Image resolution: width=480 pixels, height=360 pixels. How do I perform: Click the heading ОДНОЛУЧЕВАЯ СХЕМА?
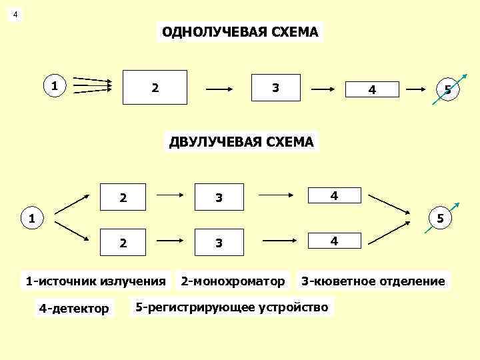point(240,32)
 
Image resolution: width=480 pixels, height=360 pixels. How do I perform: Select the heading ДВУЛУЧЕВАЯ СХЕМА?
point(241,141)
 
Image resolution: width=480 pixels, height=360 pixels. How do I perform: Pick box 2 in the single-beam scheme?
point(155,87)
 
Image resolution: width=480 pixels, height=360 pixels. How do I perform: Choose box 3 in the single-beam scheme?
point(275,87)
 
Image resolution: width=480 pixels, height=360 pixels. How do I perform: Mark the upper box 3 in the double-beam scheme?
point(218,197)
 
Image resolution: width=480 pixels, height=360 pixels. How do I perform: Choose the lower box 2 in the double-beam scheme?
point(123,243)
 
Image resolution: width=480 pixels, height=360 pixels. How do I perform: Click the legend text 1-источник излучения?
point(95,281)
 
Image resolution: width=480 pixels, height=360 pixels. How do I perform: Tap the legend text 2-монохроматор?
point(233,281)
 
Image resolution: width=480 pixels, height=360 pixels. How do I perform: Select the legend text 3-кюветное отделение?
point(373,281)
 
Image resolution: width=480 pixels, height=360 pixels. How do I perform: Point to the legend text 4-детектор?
point(74,308)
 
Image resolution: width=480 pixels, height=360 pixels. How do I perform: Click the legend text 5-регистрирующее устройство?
point(231,307)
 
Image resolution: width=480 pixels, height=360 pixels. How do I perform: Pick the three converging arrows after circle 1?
point(92,85)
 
